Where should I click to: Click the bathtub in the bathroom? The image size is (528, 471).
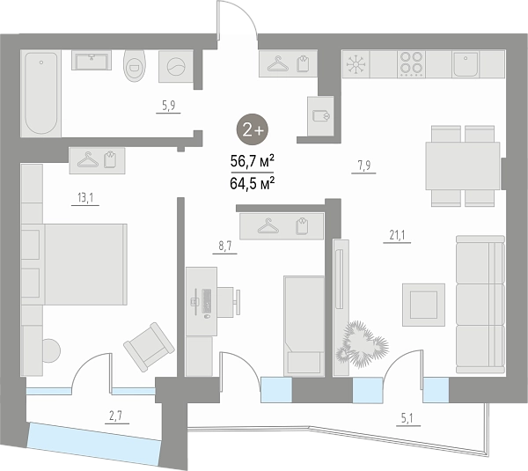coord(40,93)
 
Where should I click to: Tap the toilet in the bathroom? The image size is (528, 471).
coord(135,66)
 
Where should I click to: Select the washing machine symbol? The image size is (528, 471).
coord(176,66)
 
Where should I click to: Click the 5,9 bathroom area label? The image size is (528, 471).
coord(168,106)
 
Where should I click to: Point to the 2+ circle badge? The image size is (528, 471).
coord(253,129)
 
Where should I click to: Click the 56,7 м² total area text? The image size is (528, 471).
coord(252,161)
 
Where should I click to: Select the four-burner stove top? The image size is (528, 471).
coord(411,64)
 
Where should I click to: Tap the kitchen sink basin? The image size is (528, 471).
coord(466,64)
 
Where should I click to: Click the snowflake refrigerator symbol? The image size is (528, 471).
coord(356,64)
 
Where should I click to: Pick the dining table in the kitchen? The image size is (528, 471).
coord(463,166)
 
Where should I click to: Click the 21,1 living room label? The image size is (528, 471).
coord(397,235)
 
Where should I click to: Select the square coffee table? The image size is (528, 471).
coord(423,305)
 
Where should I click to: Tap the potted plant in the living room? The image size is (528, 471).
coord(362,344)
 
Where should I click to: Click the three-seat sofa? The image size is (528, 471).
coord(480,305)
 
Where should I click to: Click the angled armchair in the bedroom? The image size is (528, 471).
coord(149,347)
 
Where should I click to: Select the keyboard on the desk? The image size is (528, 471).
coord(207,301)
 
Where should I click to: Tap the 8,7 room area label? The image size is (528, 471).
coord(225,246)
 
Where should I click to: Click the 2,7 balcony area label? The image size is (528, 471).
coord(115,416)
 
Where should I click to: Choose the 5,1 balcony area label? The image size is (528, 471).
coord(407,419)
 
